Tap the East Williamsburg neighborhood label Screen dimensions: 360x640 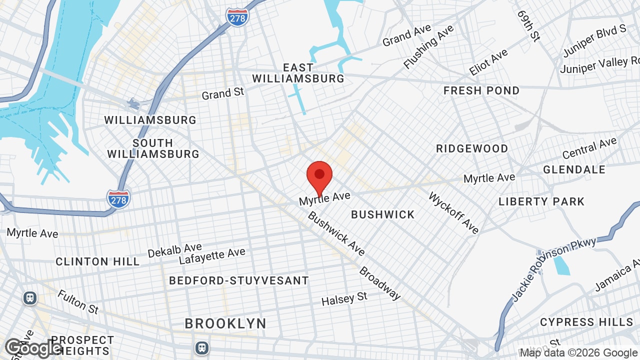coord(298,73)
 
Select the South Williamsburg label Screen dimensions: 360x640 coord(153,148)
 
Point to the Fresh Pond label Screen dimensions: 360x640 coord(481,90)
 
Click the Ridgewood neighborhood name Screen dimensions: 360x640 coord(472,148)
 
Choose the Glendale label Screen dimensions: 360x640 coord(574,169)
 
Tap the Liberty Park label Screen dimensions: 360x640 coord(541,201)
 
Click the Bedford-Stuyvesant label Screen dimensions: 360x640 coord(239,280)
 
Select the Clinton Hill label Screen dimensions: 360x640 coord(98,261)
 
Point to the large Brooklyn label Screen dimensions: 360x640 coord(225,323)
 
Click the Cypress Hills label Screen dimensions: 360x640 coord(586,321)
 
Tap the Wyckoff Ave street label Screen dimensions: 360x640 coord(453,212)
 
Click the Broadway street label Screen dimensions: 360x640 coord(380,283)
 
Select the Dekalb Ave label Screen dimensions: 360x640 coord(174,250)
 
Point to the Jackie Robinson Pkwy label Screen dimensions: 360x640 coord(553,269)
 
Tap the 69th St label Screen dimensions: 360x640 coord(529,25)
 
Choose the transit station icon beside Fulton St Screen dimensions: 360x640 coord(30,298)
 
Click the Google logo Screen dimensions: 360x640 coord(33,348)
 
